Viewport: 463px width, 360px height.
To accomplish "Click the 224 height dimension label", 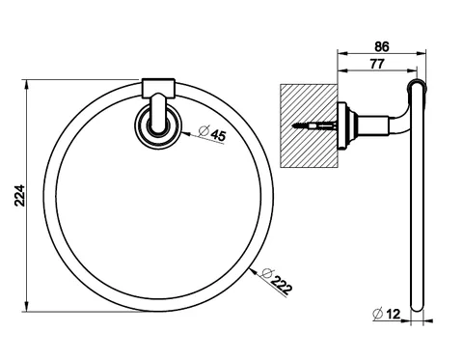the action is pyautogui.click(x=19, y=195).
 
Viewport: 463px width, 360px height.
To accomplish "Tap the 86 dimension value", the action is pyautogui.click(x=382, y=47).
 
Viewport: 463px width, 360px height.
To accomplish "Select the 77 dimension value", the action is pyautogui.click(x=377, y=64).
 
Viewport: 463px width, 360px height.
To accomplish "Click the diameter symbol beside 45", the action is pyautogui.click(x=204, y=130).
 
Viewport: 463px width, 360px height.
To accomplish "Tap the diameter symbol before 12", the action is pyautogui.click(x=377, y=314).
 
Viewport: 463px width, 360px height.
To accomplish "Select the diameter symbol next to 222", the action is pyautogui.click(x=266, y=273).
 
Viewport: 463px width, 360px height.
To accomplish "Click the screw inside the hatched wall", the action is pyautogui.click(x=314, y=125).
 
